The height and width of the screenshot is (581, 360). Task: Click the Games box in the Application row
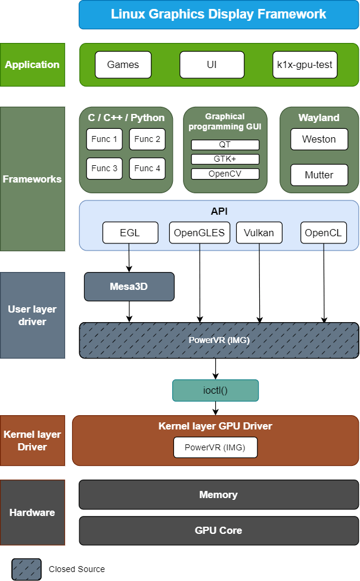[123, 64]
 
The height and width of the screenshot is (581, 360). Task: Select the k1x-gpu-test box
[305, 64]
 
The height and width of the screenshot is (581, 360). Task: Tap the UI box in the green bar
[212, 64]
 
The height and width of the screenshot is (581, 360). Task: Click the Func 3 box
[104, 168]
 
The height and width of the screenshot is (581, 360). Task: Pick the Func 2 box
[147, 139]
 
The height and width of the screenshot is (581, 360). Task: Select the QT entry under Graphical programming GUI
[225, 145]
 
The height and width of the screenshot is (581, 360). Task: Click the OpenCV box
[225, 174]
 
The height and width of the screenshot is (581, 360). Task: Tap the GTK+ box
[225, 159]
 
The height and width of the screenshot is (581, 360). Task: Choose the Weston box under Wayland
[319, 139]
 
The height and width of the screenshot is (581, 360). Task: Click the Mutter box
[319, 175]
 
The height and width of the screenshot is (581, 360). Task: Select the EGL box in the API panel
[130, 233]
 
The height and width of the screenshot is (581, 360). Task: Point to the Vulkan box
[259, 233]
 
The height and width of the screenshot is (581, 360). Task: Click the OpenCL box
[324, 233]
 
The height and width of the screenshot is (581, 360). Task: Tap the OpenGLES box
[200, 233]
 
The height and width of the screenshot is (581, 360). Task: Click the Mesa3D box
[129, 286]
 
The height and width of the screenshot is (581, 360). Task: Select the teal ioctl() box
[216, 390]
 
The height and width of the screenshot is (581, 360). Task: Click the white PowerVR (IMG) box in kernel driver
[216, 447]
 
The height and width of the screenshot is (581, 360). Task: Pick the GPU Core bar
[219, 530]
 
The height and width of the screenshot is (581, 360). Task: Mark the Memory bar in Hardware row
[219, 495]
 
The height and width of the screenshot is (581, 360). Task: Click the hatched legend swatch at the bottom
[27, 569]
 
